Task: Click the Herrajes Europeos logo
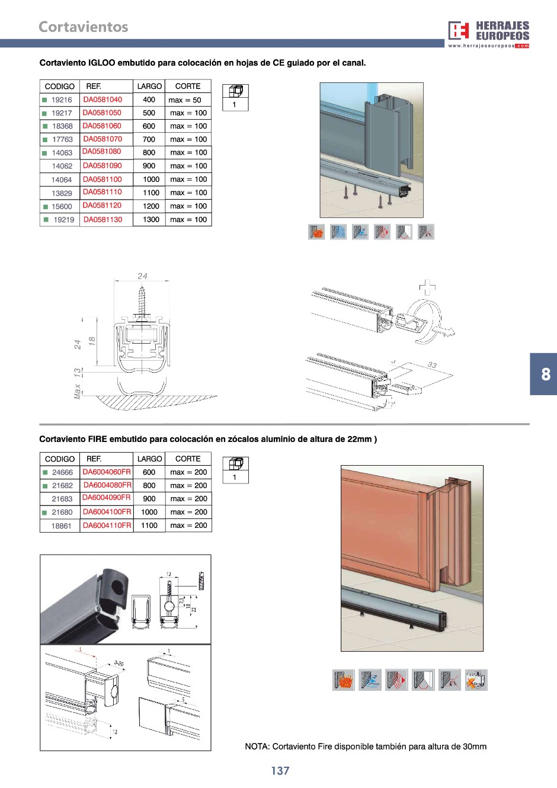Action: pyautogui.click(x=488, y=34)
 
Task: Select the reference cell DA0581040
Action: pyautogui.click(x=103, y=100)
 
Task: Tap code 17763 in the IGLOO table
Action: pyautogui.click(x=62, y=139)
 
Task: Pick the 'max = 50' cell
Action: pyautogui.click(x=185, y=100)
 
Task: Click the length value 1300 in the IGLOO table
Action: pyautogui.click(x=151, y=219)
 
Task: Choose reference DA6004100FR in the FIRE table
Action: pyautogui.click(x=107, y=512)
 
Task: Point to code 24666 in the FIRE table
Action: pyautogui.click(x=62, y=472)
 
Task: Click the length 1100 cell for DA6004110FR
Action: pyautogui.click(x=149, y=526)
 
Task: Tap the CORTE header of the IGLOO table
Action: pyautogui.click(x=188, y=86)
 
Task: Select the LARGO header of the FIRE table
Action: pyautogui.click(x=149, y=459)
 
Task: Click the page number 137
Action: pyautogui.click(x=280, y=771)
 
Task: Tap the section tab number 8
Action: pyautogui.click(x=546, y=374)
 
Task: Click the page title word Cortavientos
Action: pyautogui.click(x=83, y=27)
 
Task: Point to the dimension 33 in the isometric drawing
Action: pyautogui.click(x=432, y=365)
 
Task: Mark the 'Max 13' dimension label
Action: pyautogui.click(x=77, y=383)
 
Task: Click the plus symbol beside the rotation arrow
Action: pyautogui.click(x=427, y=287)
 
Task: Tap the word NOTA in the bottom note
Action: pyautogui.click(x=257, y=747)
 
